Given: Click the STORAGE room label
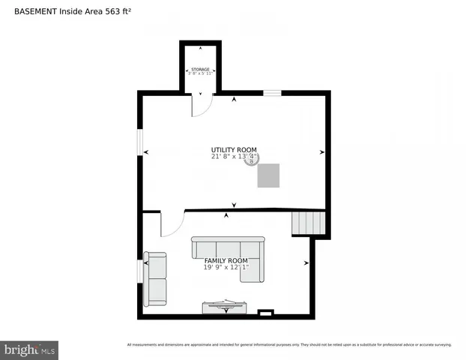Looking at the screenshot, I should pyautogui.click(x=200, y=69).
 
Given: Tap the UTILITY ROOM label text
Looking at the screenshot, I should pyautogui.click(x=234, y=150).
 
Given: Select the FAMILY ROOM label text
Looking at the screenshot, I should pyautogui.click(x=226, y=260).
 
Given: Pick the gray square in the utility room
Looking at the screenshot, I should pyautogui.click(x=269, y=175).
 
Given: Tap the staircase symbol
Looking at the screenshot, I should pyautogui.click(x=309, y=223).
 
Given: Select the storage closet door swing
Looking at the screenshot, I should pyautogui.click(x=201, y=105).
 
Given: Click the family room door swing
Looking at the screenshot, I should pyautogui.click(x=171, y=223).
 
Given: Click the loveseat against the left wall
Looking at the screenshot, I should pyautogui.click(x=156, y=278).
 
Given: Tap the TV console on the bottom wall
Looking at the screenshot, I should pyautogui.click(x=224, y=307).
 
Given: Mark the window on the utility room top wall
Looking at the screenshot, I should pyautogui.click(x=271, y=93).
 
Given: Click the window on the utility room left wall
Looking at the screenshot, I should pyautogui.click(x=140, y=142).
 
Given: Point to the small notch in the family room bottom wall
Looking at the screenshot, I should pyautogui.click(x=265, y=312).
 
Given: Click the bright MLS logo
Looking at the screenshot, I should pyautogui.click(x=29, y=349).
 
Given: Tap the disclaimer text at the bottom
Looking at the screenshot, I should pyautogui.click(x=289, y=345).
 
